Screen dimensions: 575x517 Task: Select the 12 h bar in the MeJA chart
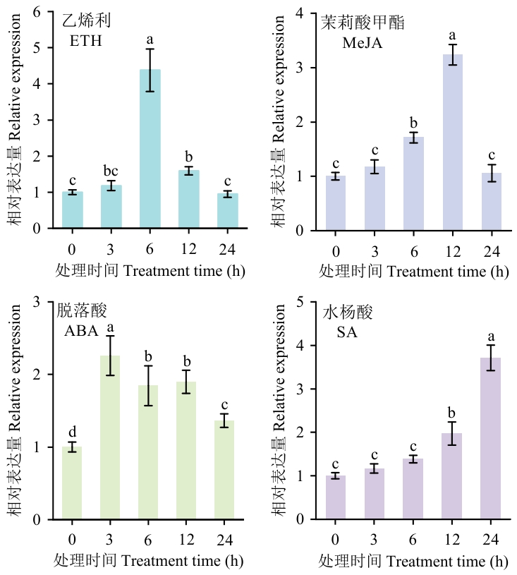click(x=452, y=142)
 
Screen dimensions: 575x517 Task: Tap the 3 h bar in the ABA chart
click(x=111, y=437)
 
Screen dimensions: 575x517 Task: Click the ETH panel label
click(x=86, y=40)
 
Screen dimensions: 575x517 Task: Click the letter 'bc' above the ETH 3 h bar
click(x=111, y=172)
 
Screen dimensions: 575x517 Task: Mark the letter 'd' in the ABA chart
click(x=72, y=431)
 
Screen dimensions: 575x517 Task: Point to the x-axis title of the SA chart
click(x=413, y=562)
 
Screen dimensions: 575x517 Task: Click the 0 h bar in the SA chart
click(x=336, y=497)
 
